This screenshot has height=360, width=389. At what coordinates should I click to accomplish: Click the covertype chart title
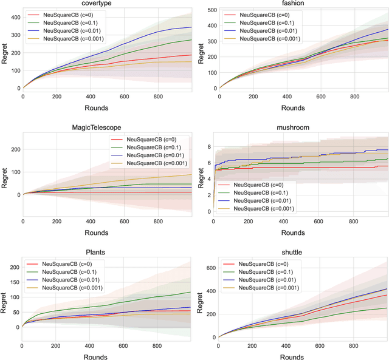click(106, 4)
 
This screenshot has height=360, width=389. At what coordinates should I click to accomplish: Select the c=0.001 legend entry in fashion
click(266, 39)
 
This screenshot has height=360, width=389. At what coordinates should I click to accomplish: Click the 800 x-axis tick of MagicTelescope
click(158, 222)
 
